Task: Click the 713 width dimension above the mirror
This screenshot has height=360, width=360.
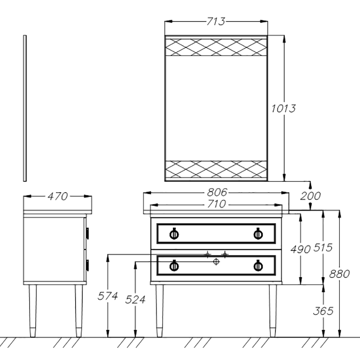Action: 216,21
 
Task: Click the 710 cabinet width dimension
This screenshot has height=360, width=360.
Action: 216,204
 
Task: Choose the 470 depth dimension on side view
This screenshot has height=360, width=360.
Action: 58,196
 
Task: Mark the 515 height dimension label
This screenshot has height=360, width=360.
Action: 322,247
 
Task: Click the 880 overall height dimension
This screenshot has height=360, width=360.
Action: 340,273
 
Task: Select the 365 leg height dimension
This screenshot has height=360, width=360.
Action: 322,310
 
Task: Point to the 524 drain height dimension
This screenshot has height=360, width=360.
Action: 135,299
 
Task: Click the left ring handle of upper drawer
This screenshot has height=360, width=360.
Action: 174,234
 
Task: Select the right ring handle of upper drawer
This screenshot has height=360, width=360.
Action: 258,234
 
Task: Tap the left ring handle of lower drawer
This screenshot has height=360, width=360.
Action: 174,266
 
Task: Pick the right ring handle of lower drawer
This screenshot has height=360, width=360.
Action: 258,266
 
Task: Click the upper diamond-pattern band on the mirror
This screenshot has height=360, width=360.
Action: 216,47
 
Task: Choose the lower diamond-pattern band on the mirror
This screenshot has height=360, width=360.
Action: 216,170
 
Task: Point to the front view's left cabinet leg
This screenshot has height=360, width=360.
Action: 159,310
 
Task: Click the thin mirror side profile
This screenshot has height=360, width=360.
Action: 25,108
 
